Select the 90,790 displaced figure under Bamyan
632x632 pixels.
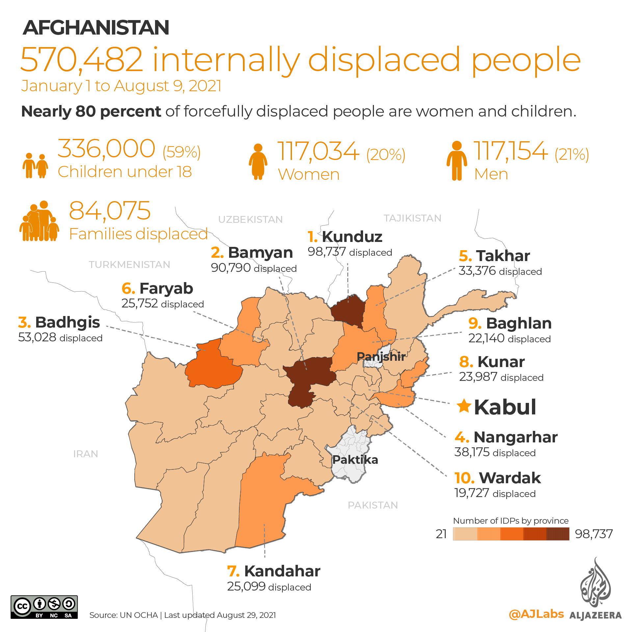[x=231, y=268]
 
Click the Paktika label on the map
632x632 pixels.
[x=355, y=460]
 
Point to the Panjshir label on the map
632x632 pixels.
[x=381, y=356]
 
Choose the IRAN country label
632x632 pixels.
[x=86, y=454]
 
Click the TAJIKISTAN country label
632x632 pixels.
[x=412, y=218]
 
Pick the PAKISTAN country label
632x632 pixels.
[x=373, y=505]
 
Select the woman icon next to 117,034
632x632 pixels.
[x=258, y=161]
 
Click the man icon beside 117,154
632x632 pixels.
[x=457, y=161]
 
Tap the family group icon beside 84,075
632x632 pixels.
[x=39, y=221]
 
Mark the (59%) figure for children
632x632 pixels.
[x=182, y=152]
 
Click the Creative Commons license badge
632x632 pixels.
[x=44, y=607]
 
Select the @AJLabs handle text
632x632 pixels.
[x=536, y=614]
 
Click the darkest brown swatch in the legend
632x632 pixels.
[x=558, y=534]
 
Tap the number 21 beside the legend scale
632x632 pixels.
[x=441, y=534]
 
